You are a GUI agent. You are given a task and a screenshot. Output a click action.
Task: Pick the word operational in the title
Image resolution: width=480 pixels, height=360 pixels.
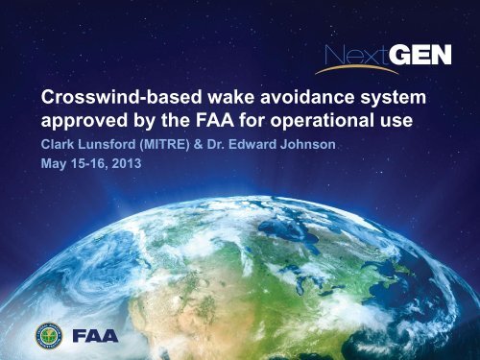324,125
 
